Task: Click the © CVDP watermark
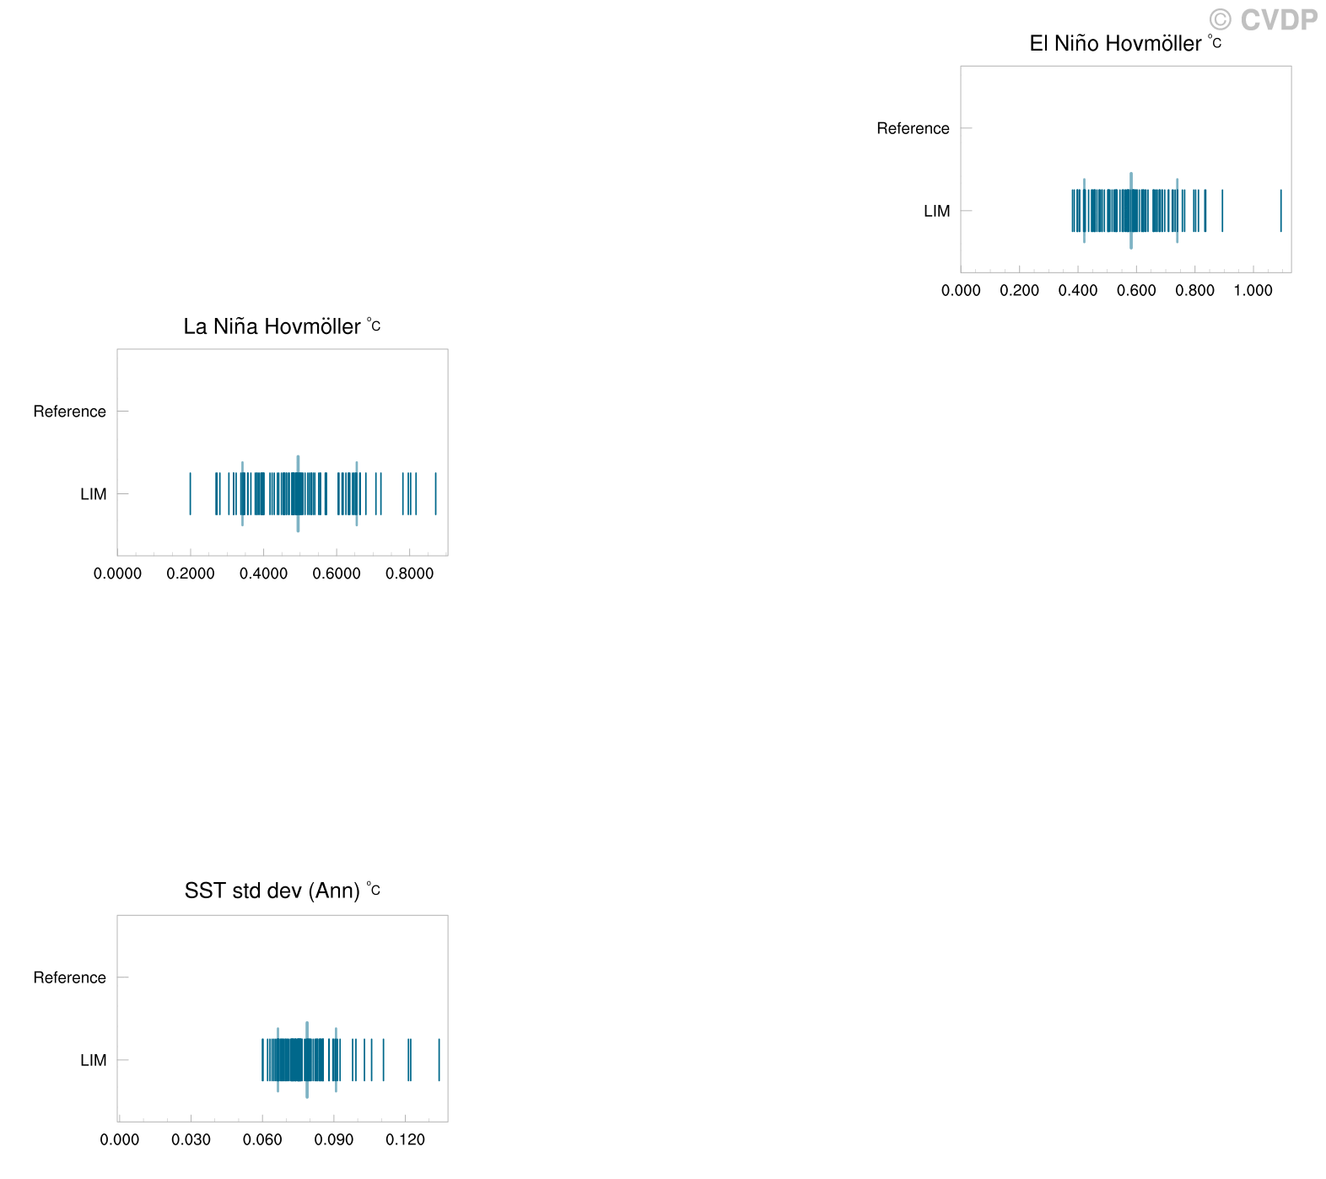[x=1263, y=19]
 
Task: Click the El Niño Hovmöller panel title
[x=1125, y=43]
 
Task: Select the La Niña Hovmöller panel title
[x=282, y=326]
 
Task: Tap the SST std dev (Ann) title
[x=282, y=891]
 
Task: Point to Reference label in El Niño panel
[x=913, y=128]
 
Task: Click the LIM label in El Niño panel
[x=937, y=211]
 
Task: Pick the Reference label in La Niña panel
[x=69, y=412]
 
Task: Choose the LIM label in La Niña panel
[x=94, y=494]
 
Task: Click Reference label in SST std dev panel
[x=69, y=977]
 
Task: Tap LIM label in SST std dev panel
[x=94, y=1060]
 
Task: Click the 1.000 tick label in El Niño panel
[x=1253, y=291]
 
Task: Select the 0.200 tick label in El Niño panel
[x=1020, y=291]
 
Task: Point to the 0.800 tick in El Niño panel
[x=1195, y=291]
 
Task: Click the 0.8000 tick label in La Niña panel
[x=410, y=573]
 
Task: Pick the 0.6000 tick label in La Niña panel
[x=337, y=573]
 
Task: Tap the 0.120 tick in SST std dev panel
[x=406, y=1140]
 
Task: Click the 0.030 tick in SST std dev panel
[x=191, y=1140]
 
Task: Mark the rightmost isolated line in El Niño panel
[x=1280, y=211]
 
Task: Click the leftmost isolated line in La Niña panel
[x=190, y=494]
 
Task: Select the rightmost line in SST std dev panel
[x=439, y=1060]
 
